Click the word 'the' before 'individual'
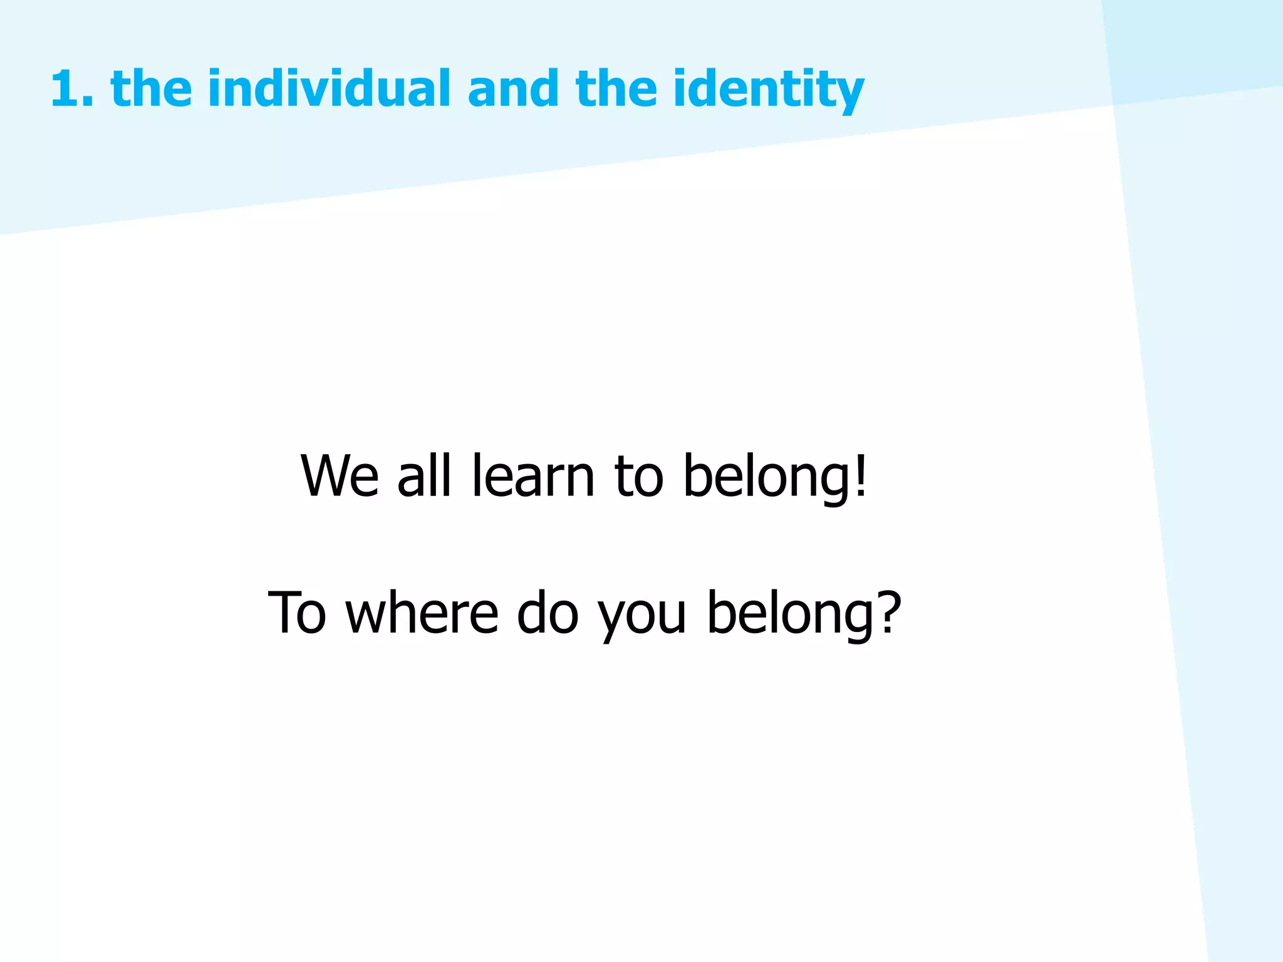[151, 88]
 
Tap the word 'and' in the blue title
[512, 88]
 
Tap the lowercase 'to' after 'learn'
[638, 477]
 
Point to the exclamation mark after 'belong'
[861, 476]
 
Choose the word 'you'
[641, 617]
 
